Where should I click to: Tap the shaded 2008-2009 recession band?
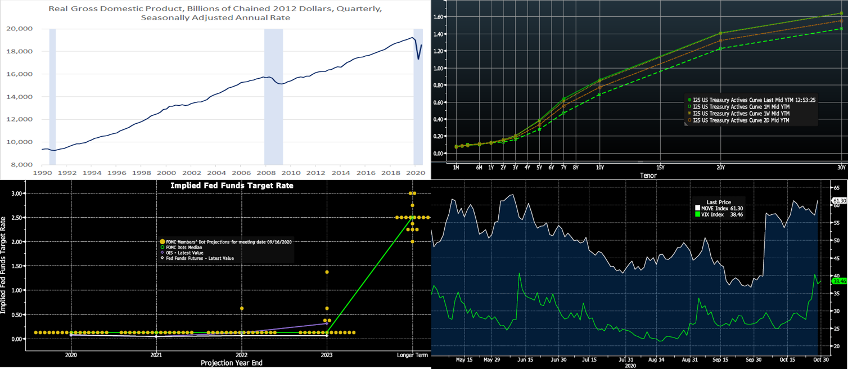[273, 96]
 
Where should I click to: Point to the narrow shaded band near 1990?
[52, 96]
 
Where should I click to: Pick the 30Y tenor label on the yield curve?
[841, 167]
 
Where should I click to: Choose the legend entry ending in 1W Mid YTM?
[742, 113]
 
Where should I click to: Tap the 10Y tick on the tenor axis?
[600, 167]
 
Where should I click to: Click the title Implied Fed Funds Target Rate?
[232, 186]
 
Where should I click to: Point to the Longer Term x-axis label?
[413, 354]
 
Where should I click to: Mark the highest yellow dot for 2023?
[327, 272]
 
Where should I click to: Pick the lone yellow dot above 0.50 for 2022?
[242, 308]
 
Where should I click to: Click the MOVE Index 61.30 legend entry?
[719, 208]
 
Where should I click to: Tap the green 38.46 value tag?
[839, 281]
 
